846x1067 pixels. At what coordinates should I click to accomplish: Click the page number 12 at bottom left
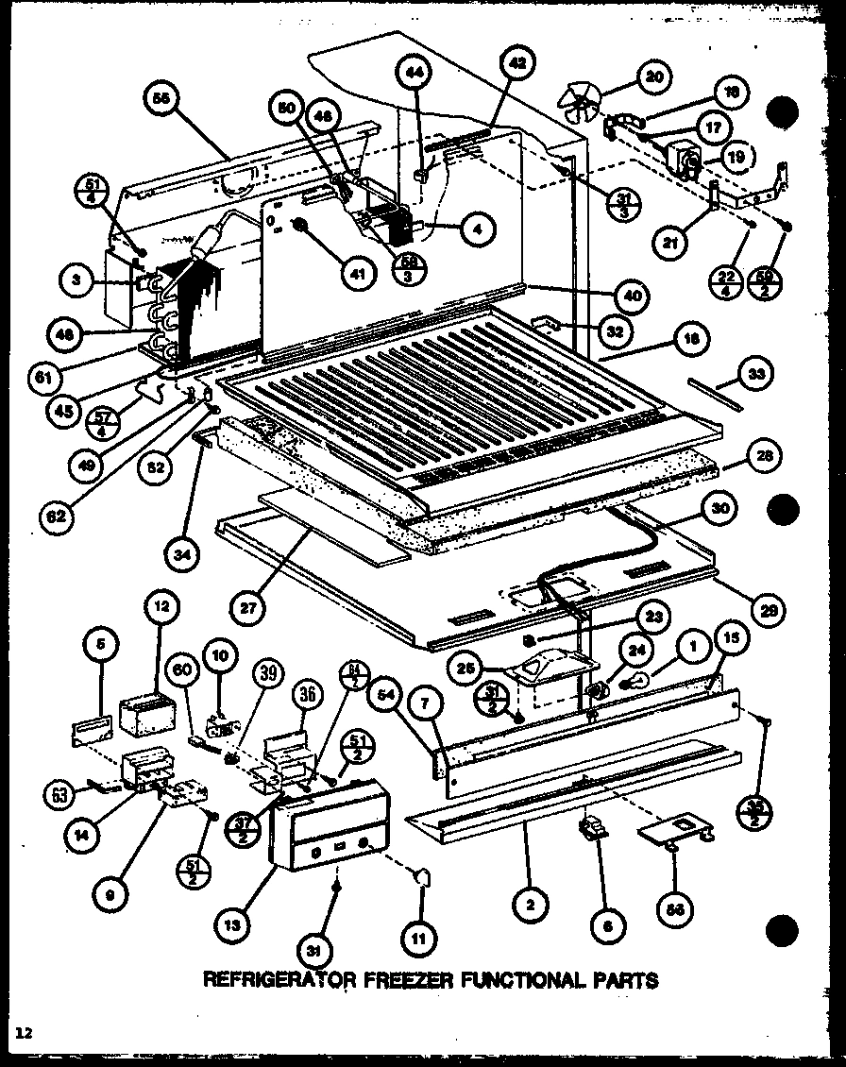pos(23,1034)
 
